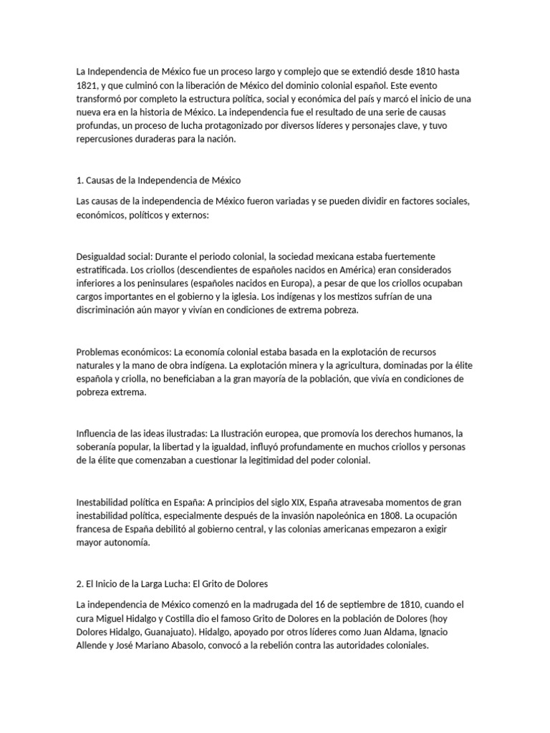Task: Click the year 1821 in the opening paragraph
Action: click(x=87, y=85)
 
